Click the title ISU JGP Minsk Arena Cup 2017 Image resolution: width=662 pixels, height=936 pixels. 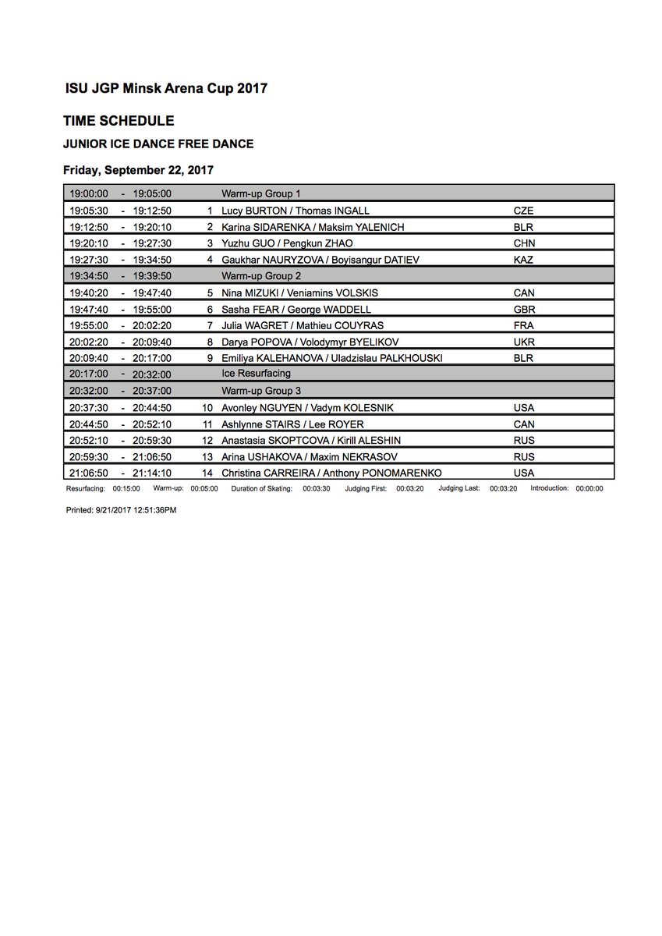(x=166, y=88)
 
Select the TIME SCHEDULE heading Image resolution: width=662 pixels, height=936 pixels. (x=119, y=121)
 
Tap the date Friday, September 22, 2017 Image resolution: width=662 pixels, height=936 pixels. (x=138, y=168)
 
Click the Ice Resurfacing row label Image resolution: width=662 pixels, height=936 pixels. (x=257, y=374)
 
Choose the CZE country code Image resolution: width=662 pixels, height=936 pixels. (x=523, y=211)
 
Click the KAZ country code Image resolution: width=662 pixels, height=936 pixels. (x=523, y=260)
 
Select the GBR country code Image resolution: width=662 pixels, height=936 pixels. (x=524, y=309)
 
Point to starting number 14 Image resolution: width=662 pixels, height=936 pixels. (x=207, y=472)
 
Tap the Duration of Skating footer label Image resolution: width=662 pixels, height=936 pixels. (x=261, y=488)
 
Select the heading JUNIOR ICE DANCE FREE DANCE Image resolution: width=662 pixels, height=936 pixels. (x=158, y=144)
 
